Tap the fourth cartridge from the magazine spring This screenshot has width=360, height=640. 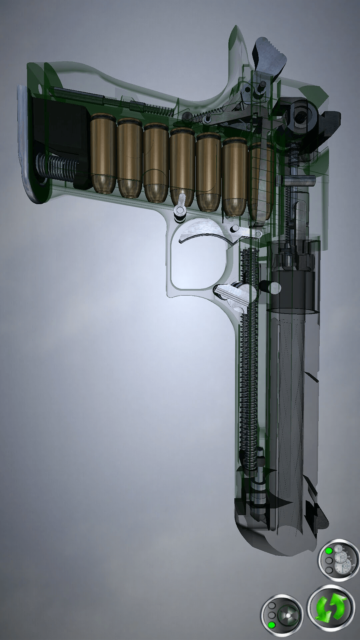(x=182, y=167)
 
